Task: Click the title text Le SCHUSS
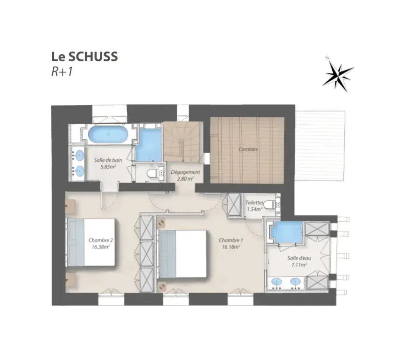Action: point(84,56)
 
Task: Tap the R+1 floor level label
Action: point(62,72)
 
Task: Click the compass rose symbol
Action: point(338,74)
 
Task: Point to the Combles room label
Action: point(248,149)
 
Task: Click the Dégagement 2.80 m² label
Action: point(185,175)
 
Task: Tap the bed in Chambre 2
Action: point(91,242)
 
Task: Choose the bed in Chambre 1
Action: point(182,254)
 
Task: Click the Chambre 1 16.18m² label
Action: point(231,244)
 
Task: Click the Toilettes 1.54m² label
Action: point(254,206)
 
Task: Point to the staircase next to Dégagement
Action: point(182,141)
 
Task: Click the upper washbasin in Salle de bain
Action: point(79,155)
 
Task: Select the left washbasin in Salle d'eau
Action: point(276,282)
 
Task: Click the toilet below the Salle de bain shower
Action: point(152,173)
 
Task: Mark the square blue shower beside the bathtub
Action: point(148,145)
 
